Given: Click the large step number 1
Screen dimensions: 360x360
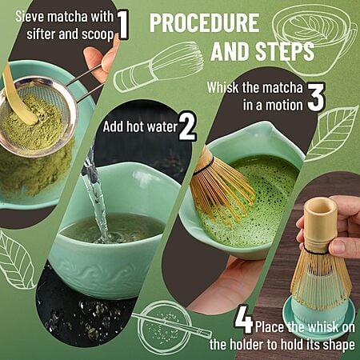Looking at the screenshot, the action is click(122, 25).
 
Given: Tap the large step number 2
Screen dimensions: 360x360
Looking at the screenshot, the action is click(187, 126).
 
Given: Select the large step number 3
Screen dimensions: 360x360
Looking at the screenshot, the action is click(316, 97).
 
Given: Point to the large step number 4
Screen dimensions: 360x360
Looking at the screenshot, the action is click(244, 319).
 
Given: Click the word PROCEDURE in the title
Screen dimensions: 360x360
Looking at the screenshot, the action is click(204, 23).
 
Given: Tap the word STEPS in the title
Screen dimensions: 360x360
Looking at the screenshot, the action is click(285, 51).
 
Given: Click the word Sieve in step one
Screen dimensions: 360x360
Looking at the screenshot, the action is click(30, 17).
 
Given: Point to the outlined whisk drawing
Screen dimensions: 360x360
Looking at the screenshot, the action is click(158, 67).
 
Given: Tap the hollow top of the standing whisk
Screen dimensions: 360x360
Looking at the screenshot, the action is click(321, 206).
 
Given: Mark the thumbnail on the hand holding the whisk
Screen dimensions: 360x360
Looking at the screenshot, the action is click(338, 246).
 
